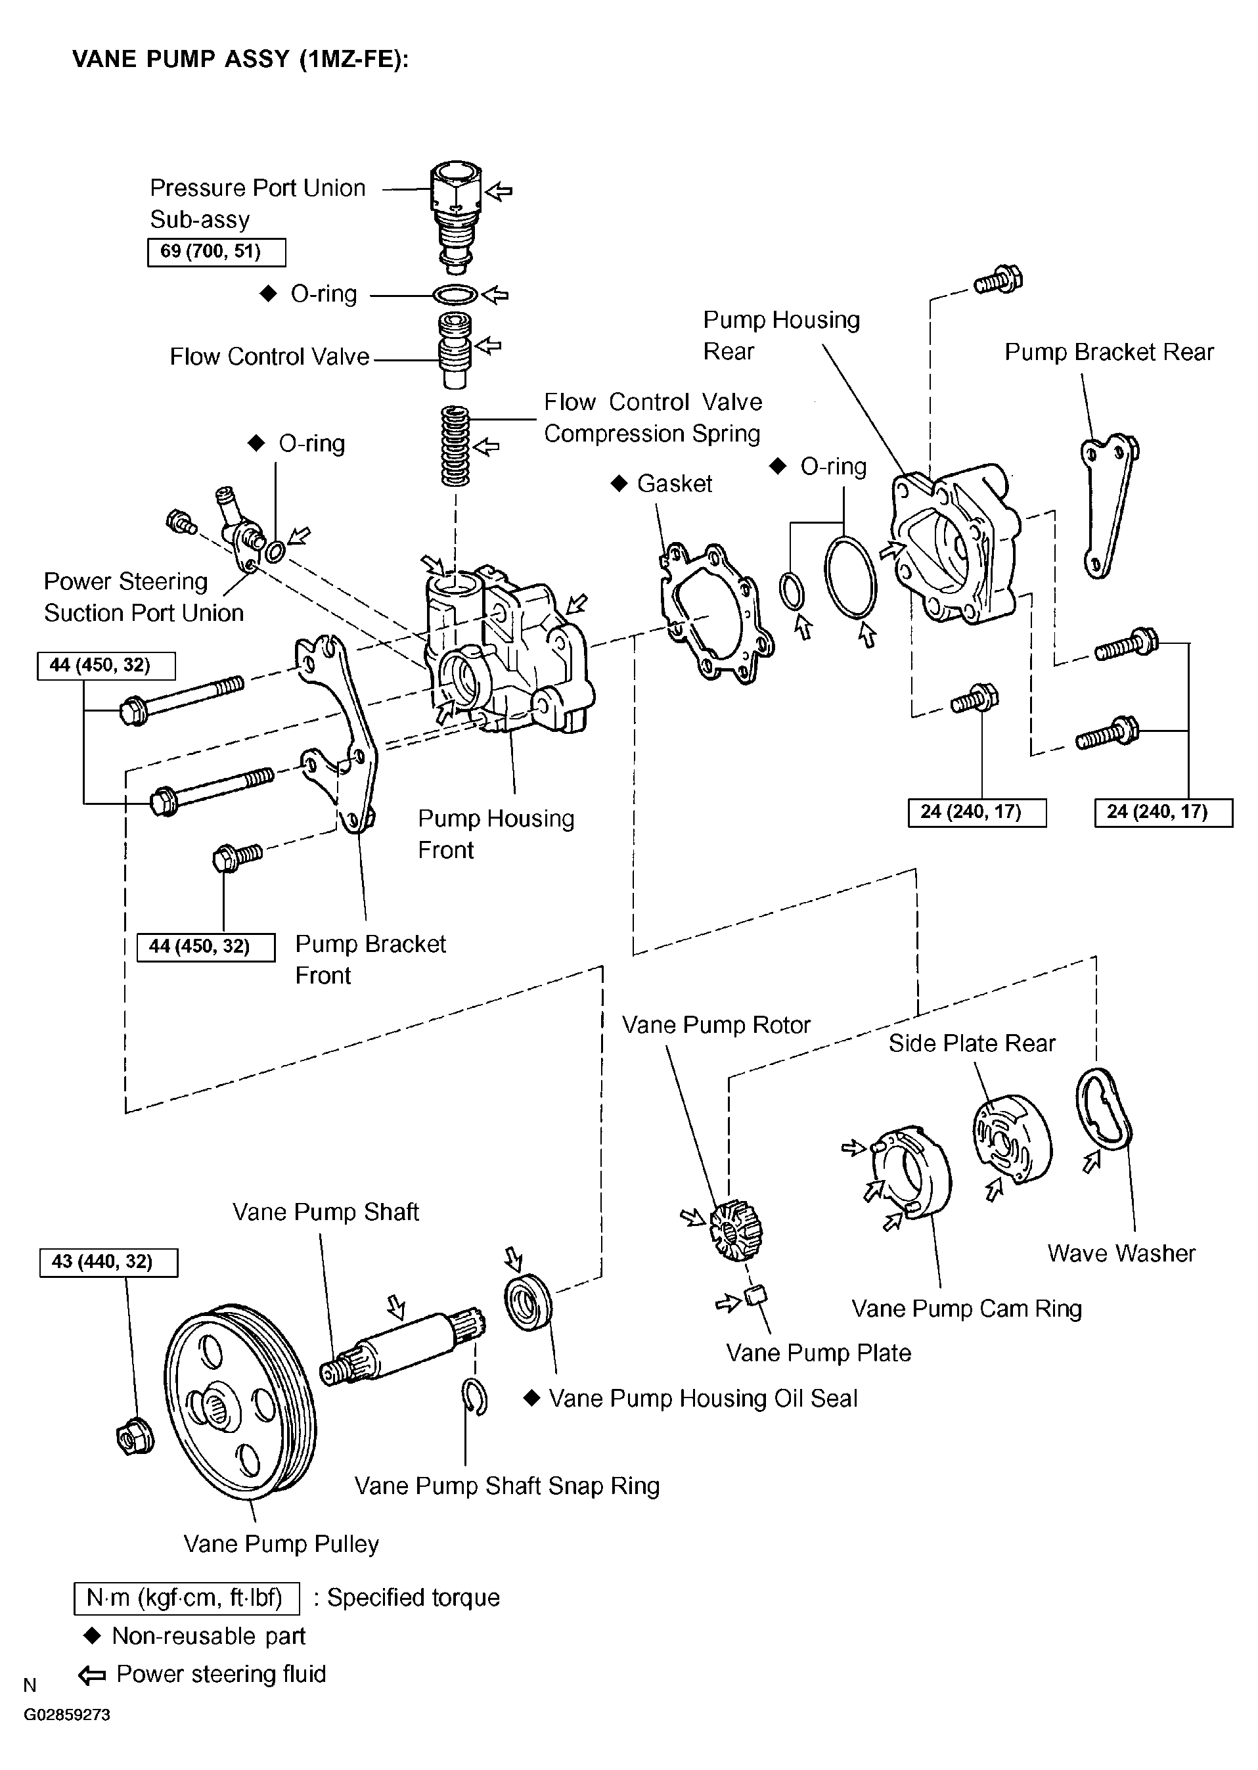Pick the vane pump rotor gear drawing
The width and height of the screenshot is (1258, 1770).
(735, 1230)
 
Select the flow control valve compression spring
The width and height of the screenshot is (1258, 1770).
(455, 445)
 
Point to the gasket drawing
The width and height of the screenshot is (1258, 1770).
(717, 612)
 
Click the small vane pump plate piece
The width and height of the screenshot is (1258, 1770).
(755, 1294)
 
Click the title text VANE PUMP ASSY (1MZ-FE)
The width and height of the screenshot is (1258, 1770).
(240, 59)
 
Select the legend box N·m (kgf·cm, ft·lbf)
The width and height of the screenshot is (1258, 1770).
(187, 1597)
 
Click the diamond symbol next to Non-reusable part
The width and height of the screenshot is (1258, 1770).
(92, 1635)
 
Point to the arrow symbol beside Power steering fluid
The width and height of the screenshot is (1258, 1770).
(92, 1675)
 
